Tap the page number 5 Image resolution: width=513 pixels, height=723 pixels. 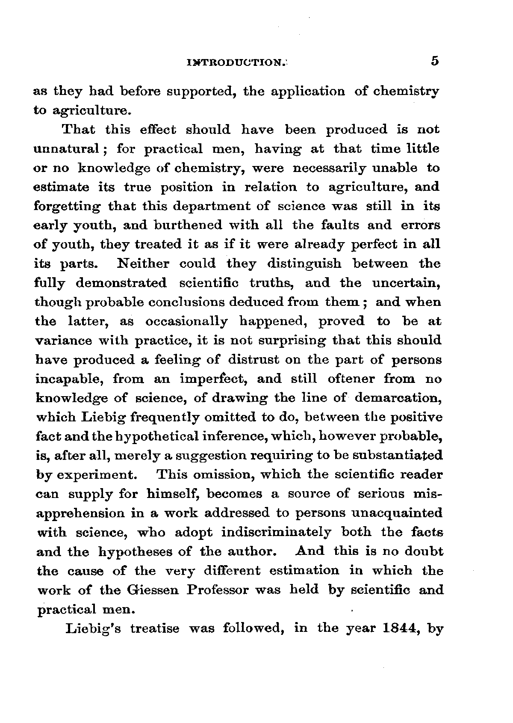coord(435,61)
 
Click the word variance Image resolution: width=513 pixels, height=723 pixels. coord(62,341)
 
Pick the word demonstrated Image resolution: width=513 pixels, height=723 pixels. coord(121,283)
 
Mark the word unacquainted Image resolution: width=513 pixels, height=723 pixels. coord(395,513)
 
